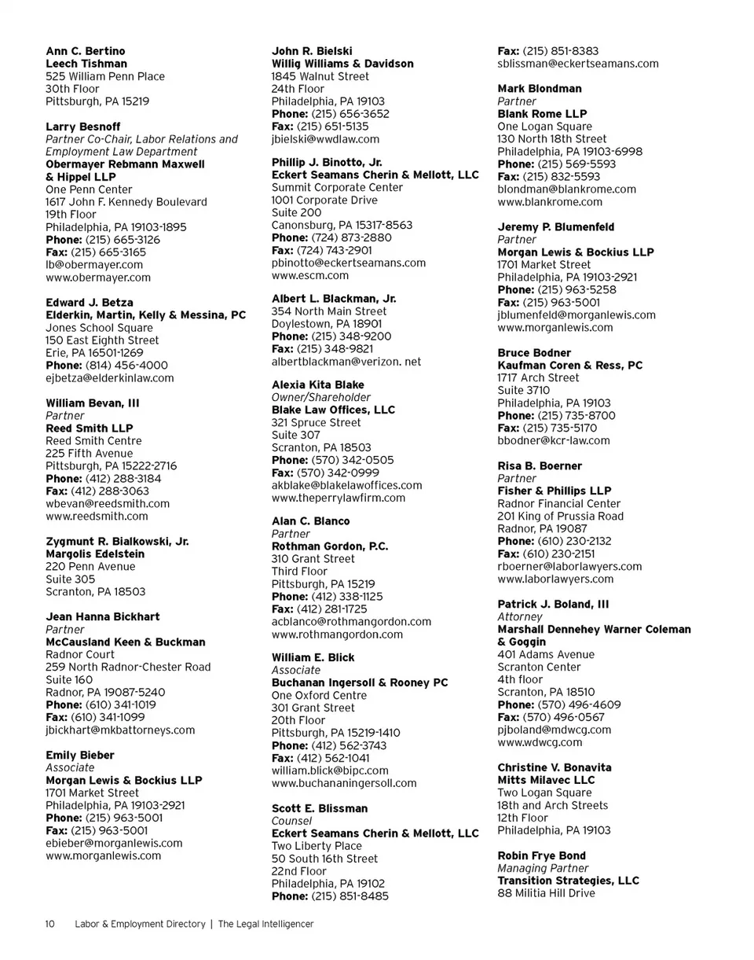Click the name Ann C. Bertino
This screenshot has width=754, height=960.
pyautogui.click(x=85, y=51)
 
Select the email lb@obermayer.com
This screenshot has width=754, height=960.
pyautogui.click(x=94, y=265)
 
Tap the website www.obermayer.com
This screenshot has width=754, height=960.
pyautogui.click(x=98, y=278)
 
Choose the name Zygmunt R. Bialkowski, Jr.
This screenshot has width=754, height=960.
pyautogui.click(x=117, y=542)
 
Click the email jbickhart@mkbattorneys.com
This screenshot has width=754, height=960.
pyautogui.click(x=120, y=730)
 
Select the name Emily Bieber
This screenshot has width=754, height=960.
pyautogui.click(x=80, y=756)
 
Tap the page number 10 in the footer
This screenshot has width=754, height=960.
pyautogui.click(x=49, y=924)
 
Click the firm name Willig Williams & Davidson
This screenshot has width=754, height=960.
pyautogui.click(x=342, y=64)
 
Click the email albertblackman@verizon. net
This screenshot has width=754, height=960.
pyautogui.click(x=346, y=362)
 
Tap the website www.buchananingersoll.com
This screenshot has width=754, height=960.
pyautogui.click(x=344, y=783)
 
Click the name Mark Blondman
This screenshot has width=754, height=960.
pyautogui.click(x=540, y=89)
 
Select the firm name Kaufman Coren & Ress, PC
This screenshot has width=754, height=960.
pyautogui.click(x=570, y=366)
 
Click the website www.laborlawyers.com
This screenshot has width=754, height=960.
pyautogui.click(x=555, y=579)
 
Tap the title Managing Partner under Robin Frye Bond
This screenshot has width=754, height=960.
pyautogui.click(x=543, y=869)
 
